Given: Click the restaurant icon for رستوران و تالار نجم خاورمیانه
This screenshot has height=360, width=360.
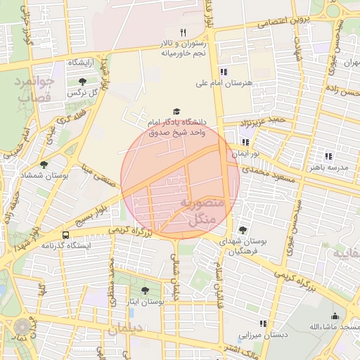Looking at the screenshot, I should (x=183, y=32).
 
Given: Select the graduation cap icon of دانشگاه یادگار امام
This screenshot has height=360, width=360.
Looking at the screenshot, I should (x=176, y=112).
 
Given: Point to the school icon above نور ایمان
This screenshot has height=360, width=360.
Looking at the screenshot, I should (x=245, y=141).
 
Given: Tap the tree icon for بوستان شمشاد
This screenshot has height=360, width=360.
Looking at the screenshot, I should (x=44, y=165).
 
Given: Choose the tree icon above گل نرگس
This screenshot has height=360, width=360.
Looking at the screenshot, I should (x=83, y=82).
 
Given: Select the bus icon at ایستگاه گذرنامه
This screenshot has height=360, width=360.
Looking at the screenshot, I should (x=65, y=235).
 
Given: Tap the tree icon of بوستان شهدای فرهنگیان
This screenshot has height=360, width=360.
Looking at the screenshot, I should (x=243, y=230).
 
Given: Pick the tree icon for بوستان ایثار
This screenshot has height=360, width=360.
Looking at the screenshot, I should (x=145, y=290).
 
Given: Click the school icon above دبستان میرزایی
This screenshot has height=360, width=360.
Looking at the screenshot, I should (x=263, y=323).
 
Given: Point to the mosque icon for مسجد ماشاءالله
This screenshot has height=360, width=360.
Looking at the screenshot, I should (x=335, y=316).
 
